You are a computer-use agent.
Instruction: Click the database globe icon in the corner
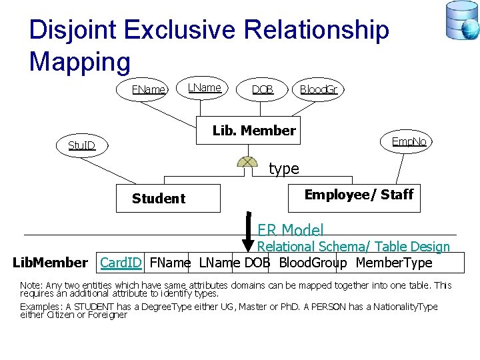tap(462, 21)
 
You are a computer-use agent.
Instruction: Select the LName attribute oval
tap(204, 87)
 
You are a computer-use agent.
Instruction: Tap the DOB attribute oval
tap(262, 89)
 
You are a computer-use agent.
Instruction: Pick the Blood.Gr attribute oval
tap(319, 89)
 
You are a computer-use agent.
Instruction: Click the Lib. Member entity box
tap(253, 131)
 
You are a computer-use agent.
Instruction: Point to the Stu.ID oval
tap(82, 145)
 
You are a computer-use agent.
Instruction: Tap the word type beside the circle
tap(284, 169)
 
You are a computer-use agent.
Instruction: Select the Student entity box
tap(167, 198)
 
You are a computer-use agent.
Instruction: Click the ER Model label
tap(290, 230)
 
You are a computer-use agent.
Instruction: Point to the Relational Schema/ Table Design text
tap(353, 247)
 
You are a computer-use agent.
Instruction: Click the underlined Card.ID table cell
tap(121, 263)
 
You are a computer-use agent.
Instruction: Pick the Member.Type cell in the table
tap(394, 263)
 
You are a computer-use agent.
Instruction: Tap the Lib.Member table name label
tap(50, 263)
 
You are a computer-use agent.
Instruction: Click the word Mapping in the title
tap(80, 61)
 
